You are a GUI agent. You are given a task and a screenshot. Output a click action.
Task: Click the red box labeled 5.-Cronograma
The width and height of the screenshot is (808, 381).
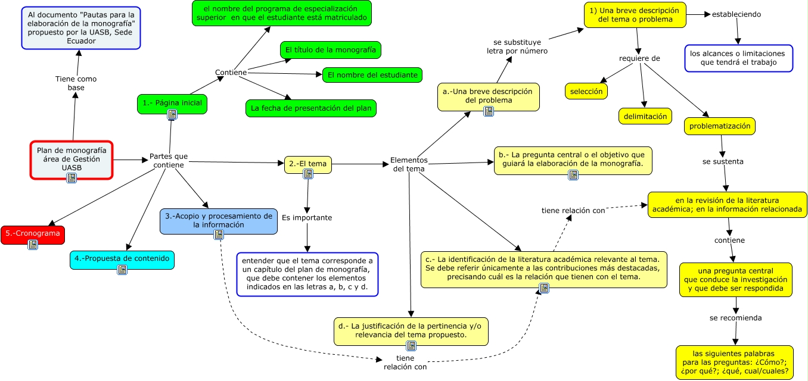coord(33,233)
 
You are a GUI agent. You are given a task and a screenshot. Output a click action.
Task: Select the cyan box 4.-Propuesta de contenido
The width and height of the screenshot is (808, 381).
coord(122,259)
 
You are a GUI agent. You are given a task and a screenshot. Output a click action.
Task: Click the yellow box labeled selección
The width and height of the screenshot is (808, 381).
coord(586,91)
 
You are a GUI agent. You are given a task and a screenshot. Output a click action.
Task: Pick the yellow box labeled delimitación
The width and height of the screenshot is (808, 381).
coord(645,116)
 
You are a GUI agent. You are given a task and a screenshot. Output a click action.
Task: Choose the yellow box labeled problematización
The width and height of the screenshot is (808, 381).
coord(720,126)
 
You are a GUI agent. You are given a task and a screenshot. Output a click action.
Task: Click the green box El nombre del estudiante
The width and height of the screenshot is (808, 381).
coord(372,75)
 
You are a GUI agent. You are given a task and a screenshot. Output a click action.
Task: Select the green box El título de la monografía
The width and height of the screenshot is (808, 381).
coord(330,50)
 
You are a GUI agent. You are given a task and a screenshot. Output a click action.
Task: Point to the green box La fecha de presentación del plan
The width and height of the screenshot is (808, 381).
coord(310,108)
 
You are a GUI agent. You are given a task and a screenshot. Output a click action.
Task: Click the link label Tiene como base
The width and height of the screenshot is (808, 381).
coord(76,83)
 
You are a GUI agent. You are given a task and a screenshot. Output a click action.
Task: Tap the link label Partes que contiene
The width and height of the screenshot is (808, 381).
coord(168,160)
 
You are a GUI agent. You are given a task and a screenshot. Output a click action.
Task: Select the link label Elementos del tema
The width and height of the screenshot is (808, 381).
coord(409,164)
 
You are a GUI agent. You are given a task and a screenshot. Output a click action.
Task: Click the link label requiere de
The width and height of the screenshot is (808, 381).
coord(639,58)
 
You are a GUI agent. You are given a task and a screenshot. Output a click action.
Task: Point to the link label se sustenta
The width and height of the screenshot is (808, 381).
coord(723,161)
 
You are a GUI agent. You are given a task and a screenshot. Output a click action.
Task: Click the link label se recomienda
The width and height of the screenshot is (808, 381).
coord(735,318)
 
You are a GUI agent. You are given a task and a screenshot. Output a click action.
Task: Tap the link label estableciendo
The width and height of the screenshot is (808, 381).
coord(736,14)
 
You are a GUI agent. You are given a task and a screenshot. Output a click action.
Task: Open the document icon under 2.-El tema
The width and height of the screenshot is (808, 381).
coord(308,174)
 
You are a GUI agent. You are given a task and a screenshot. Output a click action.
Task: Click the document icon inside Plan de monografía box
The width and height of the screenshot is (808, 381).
coord(72,177)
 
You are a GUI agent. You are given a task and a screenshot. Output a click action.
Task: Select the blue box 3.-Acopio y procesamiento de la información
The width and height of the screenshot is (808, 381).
coord(218,220)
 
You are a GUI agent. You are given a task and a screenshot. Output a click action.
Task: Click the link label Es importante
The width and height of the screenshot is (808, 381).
coord(307,218)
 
